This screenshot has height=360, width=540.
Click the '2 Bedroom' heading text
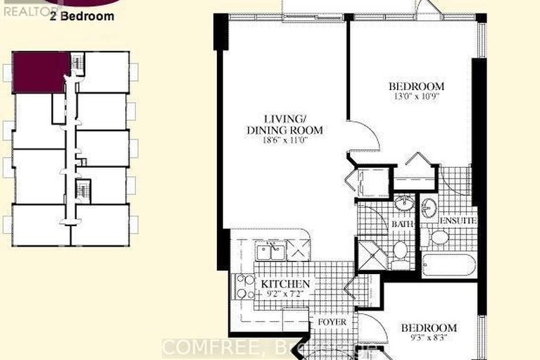[x=82, y=17]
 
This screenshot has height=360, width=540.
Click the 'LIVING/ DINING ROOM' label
[x=284, y=124]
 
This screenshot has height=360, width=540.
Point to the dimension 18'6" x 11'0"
[x=284, y=141]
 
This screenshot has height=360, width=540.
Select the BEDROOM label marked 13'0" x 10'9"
[x=417, y=87]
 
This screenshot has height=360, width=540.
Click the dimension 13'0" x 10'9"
[x=417, y=98]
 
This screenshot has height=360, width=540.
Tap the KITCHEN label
[x=285, y=284]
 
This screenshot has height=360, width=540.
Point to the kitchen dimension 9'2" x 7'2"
[x=285, y=294]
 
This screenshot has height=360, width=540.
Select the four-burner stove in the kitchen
[x=246, y=285]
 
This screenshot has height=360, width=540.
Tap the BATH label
[x=401, y=224]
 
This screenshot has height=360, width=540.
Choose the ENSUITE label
[x=458, y=221]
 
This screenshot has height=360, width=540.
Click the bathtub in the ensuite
[x=449, y=265]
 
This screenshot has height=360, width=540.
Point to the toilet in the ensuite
[x=440, y=237]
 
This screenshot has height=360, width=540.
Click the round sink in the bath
[x=403, y=205]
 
